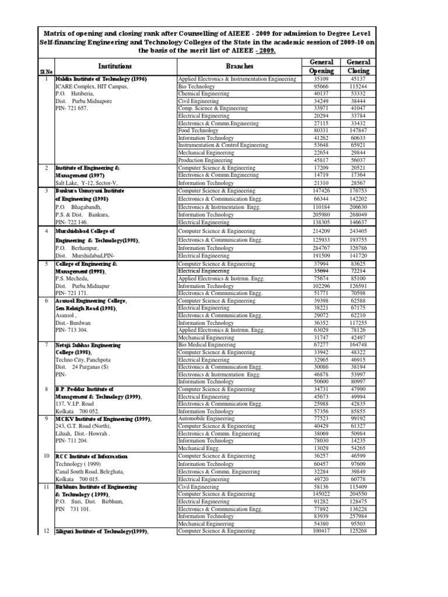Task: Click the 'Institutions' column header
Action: (115, 66)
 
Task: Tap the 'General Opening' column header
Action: (321, 66)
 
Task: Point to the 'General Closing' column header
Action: (358, 66)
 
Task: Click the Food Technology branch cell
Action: (200, 131)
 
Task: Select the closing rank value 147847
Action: (358, 131)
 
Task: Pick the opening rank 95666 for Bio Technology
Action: (321, 85)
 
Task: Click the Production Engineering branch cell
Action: (206, 160)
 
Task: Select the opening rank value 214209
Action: (321, 231)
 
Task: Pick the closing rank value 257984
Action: (358, 516)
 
